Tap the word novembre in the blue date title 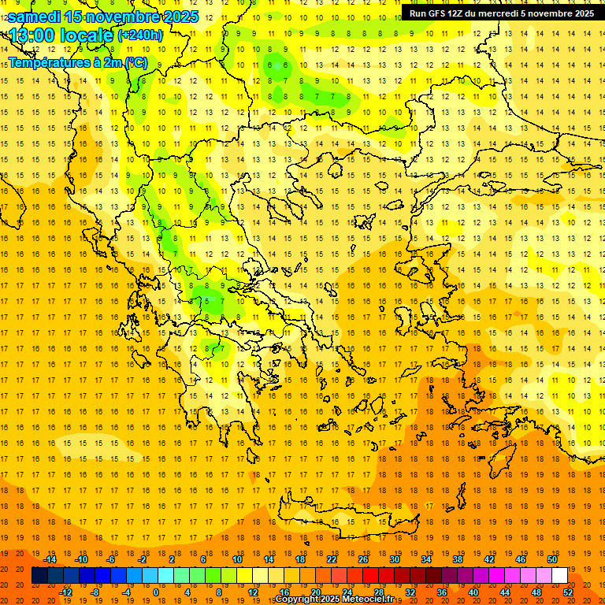125,16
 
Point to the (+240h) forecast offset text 140,35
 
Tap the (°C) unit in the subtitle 135,62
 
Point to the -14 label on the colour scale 50,559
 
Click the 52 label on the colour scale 567,592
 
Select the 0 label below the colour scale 156,592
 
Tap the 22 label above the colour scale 332,559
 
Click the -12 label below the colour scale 65,592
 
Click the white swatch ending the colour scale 559,575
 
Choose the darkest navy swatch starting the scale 39,575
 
